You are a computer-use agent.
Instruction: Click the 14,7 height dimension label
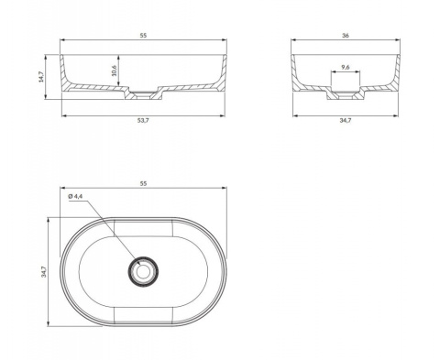[x=41, y=77]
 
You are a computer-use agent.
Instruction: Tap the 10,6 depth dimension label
[x=115, y=71]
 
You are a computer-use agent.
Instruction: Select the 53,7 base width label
[x=143, y=121]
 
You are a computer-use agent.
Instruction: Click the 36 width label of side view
[x=346, y=36]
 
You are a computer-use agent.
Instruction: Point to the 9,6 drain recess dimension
[x=346, y=67]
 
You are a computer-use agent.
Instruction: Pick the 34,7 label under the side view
[x=346, y=121]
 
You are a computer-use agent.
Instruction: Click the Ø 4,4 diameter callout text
[x=75, y=196]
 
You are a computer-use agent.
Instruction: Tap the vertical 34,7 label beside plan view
[x=44, y=272]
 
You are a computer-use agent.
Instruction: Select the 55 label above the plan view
[x=143, y=183]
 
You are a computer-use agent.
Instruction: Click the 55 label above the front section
[x=143, y=36]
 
